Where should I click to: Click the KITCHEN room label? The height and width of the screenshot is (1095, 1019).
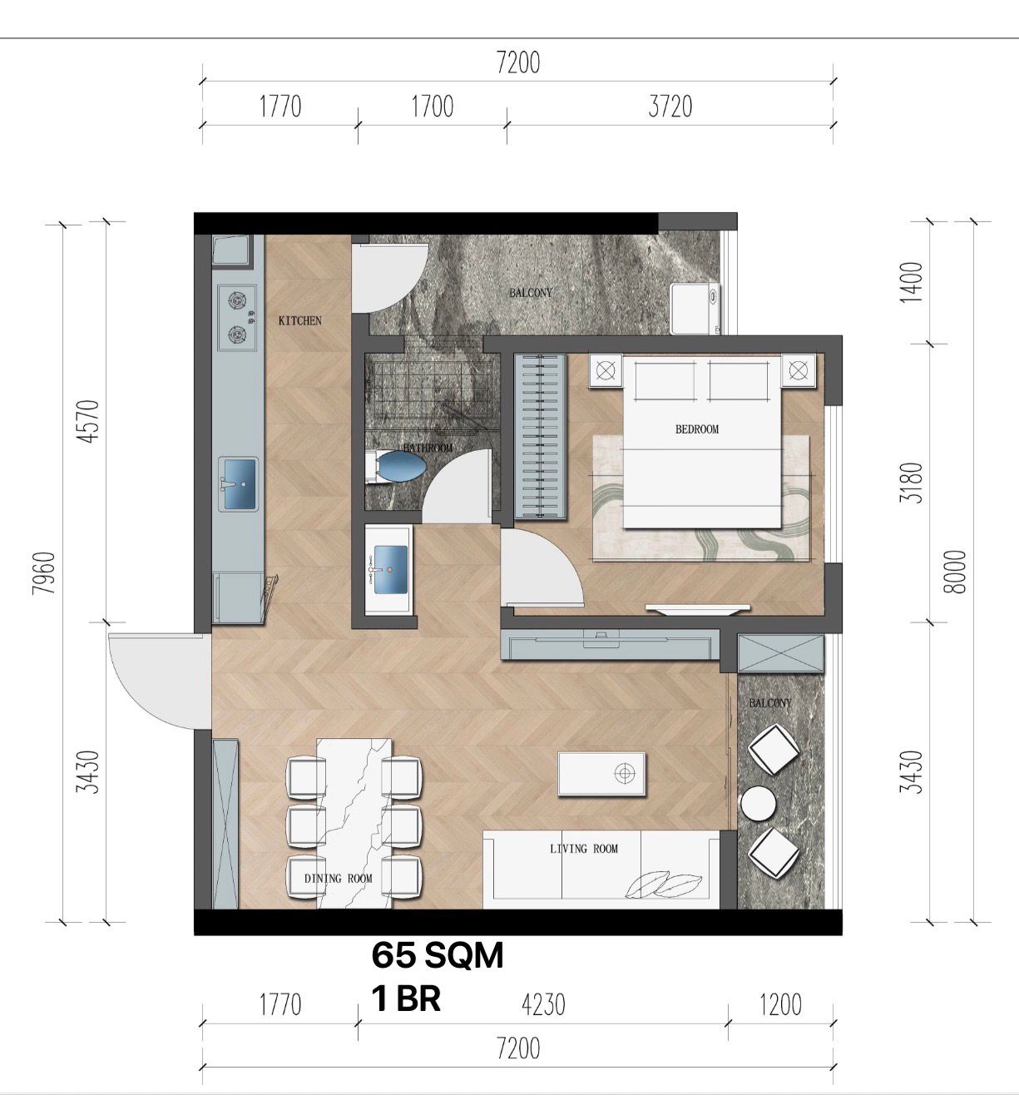[x=300, y=320]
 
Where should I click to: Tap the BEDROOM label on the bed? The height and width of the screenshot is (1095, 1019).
[x=697, y=429]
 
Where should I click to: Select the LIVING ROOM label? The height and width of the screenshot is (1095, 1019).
[x=583, y=849]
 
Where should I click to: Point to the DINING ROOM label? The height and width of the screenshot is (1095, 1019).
[x=338, y=879]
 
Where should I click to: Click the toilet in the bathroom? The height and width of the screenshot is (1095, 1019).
[x=396, y=467]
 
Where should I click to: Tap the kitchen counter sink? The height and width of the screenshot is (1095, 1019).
[x=238, y=484]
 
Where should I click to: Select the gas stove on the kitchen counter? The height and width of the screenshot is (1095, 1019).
[x=237, y=318]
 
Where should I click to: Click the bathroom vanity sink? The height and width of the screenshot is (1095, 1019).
[x=389, y=570]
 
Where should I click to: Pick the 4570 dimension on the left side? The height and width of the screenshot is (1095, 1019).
[x=89, y=421]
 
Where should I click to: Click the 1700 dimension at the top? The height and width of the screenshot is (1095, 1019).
[x=433, y=107]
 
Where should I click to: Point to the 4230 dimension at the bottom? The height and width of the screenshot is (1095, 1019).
[x=544, y=1004]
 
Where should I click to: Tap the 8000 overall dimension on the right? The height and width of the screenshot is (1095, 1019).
[x=956, y=572]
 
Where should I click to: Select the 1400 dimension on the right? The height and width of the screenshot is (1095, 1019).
[x=912, y=282]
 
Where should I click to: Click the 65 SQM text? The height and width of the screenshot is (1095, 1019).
[x=438, y=955]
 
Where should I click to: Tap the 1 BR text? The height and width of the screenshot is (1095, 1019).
[x=407, y=998]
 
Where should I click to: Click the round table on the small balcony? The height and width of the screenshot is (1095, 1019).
[x=758, y=803]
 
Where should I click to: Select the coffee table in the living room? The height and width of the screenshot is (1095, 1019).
[x=601, y=774]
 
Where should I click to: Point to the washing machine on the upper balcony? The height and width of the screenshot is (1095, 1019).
[x=695, y=308]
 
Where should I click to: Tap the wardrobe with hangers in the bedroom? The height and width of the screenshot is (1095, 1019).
[x=541, y=437]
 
